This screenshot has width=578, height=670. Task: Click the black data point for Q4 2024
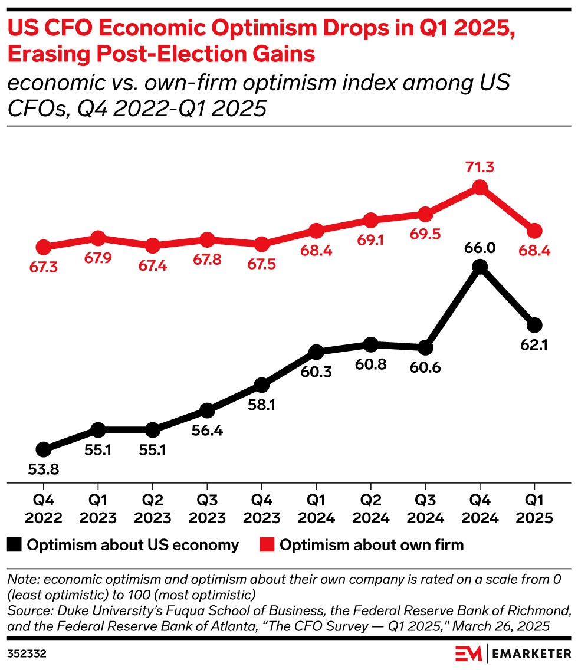(x=480, y=267)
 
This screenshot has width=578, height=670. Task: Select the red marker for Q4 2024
(x=480, y=188)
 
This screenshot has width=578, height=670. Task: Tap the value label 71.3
(x=480, y=167)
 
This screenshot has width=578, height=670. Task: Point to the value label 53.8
(x=43, y=470)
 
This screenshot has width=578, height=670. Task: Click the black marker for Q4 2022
(x=43, y=449)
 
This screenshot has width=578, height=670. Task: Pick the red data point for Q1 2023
(x=98, y=238)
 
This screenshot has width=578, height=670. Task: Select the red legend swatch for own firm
(x=267, y=545)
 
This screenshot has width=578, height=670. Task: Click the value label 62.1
(x=534, y=346)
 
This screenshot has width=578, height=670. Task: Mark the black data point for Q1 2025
(x=534, y=325)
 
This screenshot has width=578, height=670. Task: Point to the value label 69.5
(x=425, y=235)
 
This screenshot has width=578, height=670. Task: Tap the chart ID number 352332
(x=27, y=654)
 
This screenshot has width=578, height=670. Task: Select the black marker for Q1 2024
(x=316, y=352)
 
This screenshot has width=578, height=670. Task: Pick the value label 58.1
(x=262, y=406)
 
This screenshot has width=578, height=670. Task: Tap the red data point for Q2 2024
(x=370, y=221)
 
